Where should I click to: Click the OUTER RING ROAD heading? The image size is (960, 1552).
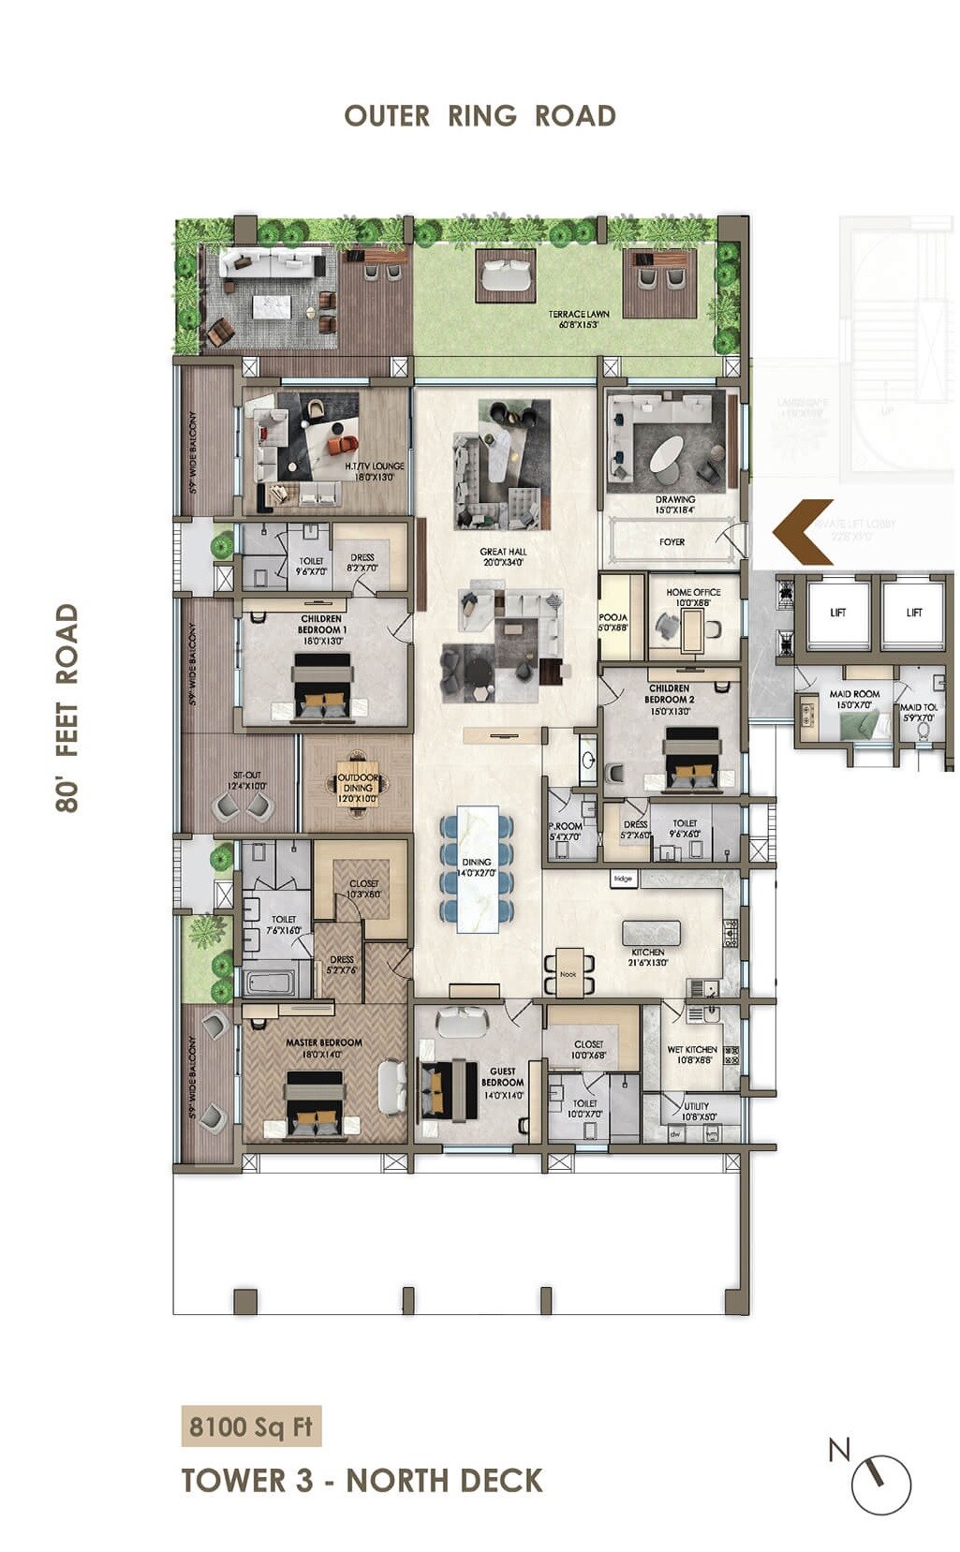coord(480,116)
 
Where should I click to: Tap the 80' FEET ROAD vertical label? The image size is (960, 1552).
coord(66,707)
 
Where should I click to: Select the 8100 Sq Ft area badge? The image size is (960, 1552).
coord(250,1426)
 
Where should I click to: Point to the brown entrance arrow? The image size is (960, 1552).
coord(803,531)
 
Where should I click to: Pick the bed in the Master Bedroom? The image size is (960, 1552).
coord(314,1104)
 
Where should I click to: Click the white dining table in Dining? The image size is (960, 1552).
coord(477,869)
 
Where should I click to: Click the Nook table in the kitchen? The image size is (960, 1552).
coord(569,972)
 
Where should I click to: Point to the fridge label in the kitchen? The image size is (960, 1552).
coord(623,878)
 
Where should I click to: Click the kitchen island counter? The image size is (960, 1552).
coord(651,933)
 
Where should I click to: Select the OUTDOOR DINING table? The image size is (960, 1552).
coord(357,783)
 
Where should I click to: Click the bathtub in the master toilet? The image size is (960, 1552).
coord(270,982)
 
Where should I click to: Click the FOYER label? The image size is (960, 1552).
coord(672,542)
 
